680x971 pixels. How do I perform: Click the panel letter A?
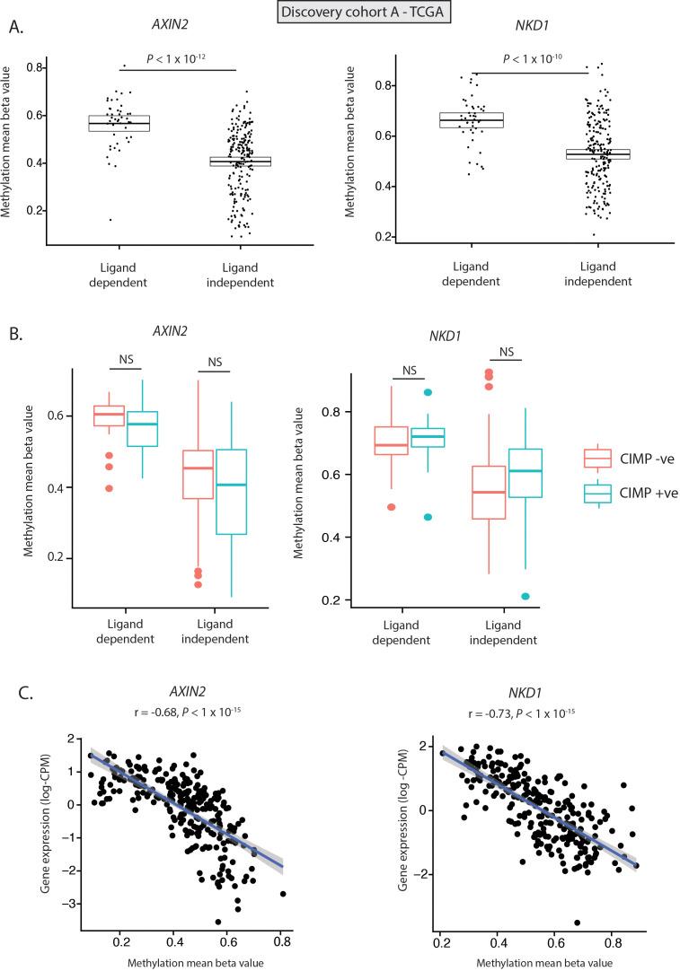click(14, 27)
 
